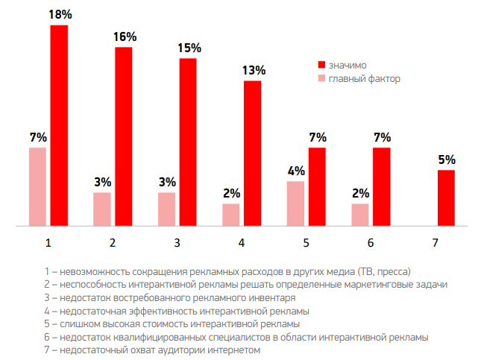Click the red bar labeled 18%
tap(59, 124)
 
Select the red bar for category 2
tap(123, 136)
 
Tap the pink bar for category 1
tap(37, 186)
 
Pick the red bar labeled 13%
tap(252, 153)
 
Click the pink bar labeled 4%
tap(296, 203)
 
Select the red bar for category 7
tap(446, 198)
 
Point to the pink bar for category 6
tap(360, 214)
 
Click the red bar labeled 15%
tap(188, 142)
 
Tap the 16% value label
tap(125, 37)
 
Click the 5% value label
tap(447, 160)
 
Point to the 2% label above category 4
tap(231, 193)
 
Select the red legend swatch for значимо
tap(322, 64)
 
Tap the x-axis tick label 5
tap(307, 243)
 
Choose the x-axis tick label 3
tap(177, 243)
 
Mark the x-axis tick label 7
tap(436, 243)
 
